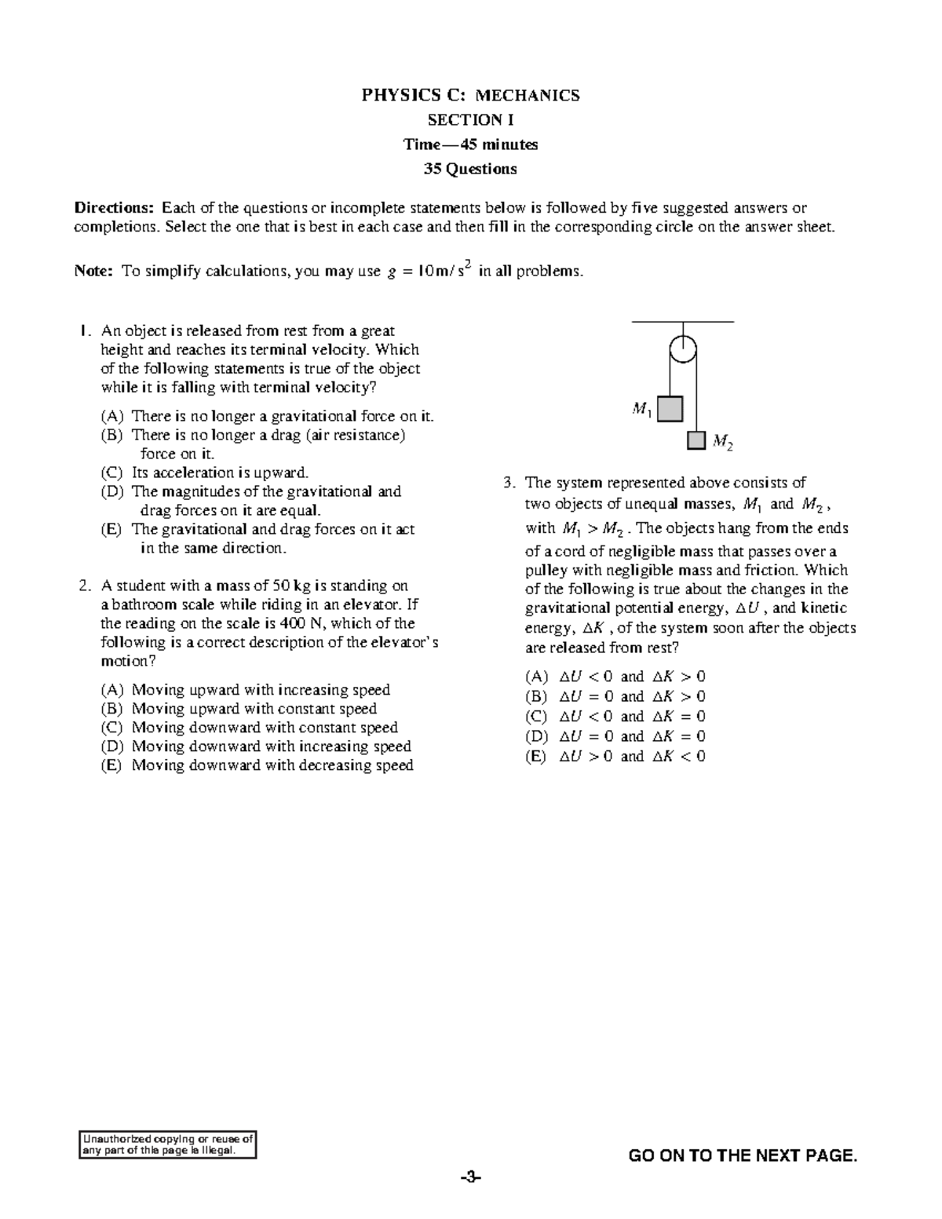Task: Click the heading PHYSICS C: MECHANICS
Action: (470, 96)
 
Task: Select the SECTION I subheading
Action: (470, 120)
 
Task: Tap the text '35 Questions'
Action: (470, 169)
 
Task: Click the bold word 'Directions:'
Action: (115, 208)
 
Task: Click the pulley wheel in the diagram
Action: (683, 349)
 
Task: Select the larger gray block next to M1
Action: (670, 409)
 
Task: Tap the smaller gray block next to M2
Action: (696, 440)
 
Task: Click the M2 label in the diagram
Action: (722, 443)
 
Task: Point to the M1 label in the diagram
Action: (641, 409)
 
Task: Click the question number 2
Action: (84, 586)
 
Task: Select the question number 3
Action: (509, 483)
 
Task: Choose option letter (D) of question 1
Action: (112, 492)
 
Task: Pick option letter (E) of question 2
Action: (112, 765)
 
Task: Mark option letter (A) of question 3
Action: (536, 677)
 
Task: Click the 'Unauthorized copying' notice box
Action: (169, 1144)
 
